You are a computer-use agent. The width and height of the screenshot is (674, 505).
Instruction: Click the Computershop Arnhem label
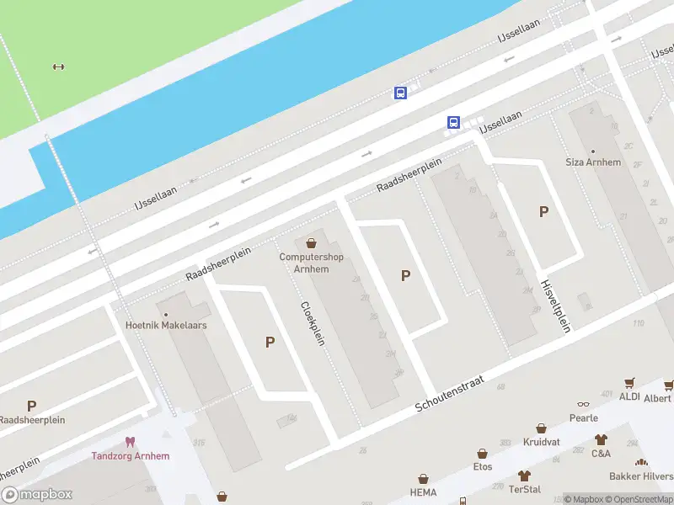[x=312, y=263]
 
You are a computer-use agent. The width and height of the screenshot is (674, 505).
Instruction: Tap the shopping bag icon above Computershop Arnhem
[x=312, y=242]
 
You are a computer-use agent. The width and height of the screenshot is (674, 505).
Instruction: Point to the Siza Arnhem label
[x=592, y=162]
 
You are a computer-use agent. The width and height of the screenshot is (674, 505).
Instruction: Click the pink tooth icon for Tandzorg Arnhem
[x=130, y=442]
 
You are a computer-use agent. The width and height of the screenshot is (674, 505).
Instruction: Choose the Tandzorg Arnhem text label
[x=130, y=456]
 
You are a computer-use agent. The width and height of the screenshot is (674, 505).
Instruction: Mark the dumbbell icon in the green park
[x=58, y=67]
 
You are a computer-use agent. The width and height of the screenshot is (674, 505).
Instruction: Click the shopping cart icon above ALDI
[x=629, y=383]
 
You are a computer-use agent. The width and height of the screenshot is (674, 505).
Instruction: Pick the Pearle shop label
[x=583, y=417]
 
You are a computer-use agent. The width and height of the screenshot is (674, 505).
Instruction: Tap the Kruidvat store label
[x=541, y=442]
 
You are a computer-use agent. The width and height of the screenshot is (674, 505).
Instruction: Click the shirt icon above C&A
[x=601, y=439]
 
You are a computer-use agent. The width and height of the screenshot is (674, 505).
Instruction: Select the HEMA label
[x=423, y=492]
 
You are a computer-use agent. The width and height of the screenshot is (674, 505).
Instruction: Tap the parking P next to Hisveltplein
[x=544, y=212]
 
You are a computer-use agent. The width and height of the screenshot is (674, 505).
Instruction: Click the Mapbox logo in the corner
[x=37, y=495]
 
